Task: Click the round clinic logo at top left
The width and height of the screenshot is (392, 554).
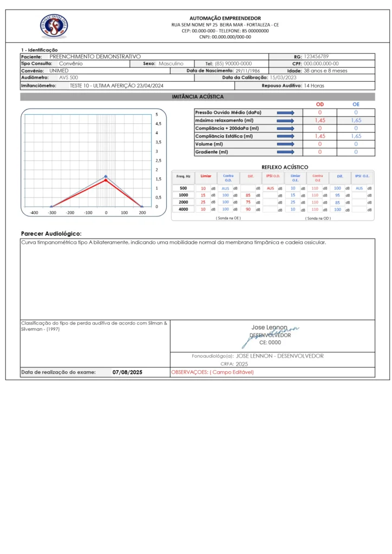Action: tap(54, 26)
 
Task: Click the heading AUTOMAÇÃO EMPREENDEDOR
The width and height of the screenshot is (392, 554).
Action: tap(225, 18)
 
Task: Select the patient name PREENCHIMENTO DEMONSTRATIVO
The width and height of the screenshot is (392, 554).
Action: tap(95, 56)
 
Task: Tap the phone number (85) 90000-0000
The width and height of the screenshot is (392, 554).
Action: tap(233, 63)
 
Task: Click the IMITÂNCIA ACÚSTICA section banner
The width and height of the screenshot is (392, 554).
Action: tap(197, 97)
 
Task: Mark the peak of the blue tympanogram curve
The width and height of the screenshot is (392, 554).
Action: tap(106, 176)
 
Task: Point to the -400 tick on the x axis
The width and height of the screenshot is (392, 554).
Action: tap(34, 213)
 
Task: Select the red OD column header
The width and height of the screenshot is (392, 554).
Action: tap(319, 104)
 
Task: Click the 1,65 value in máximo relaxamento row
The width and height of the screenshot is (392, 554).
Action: tap(356, 120)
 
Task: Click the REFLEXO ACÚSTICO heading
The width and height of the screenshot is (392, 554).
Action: tap(284, 167)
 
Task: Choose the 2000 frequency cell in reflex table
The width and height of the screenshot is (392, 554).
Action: tap(184, 202)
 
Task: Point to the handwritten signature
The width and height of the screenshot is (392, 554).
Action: tap(271, 334)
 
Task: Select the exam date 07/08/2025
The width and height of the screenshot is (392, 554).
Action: tap(127, 372)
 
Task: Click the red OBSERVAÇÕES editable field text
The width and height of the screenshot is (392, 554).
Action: tap(212, 372)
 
